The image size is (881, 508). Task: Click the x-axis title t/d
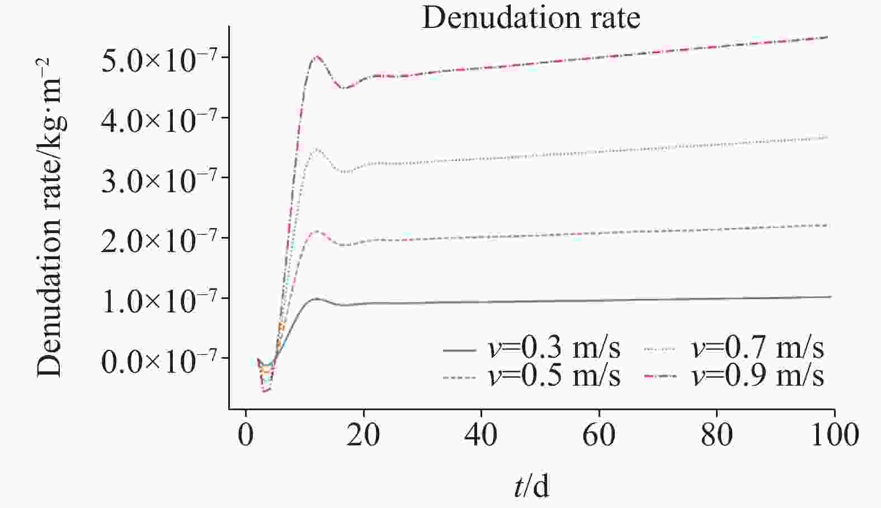pos(531,486)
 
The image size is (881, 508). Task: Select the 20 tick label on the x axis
pos(364,435)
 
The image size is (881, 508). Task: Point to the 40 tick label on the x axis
pos(481,435)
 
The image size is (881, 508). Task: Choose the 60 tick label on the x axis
pos(599,435)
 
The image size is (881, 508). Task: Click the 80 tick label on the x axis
pos(717,435)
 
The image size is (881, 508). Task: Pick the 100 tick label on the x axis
pos(833,435)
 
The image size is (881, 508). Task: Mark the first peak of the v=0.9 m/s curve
pos(317,56)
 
